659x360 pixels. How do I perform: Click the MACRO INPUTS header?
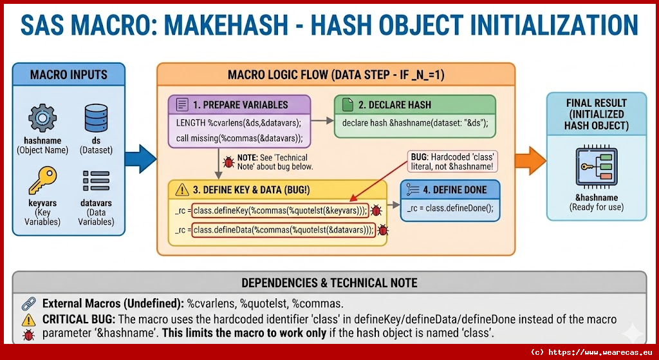pyautogui.click(x=68, y=75)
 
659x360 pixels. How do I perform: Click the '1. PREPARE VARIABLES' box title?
pyautogui.click(x=240, y=104)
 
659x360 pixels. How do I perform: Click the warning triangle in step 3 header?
pyautogui.click(x=181, y=189)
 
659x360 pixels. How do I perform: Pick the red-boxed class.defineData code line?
pyautogui.click(x=284, y=230)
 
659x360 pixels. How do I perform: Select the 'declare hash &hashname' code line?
pyautogui.click(x=415, y=123)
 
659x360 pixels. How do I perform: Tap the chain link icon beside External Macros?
pyautogui.click(x=28, y=303)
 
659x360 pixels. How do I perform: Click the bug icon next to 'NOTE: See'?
pyautogui.click(x=227, y=162)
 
